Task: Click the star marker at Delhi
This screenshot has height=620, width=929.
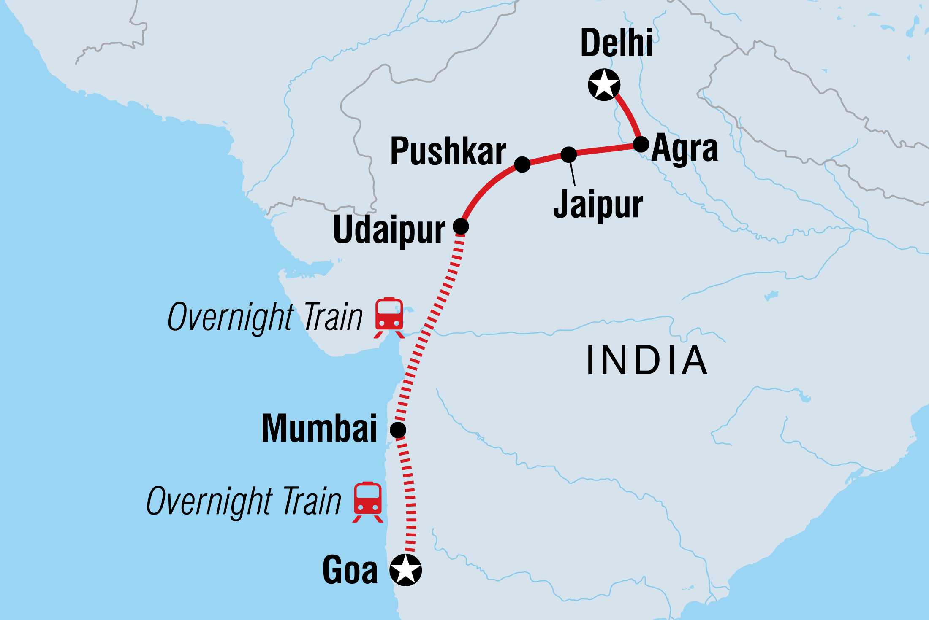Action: tap(604, 85)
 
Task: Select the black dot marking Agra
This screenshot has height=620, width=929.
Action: tap(641, 144)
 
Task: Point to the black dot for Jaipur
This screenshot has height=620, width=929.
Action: tap(569, 154)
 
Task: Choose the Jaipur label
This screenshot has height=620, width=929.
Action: tap(598, 205)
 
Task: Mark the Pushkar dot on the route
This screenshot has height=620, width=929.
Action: tap(522, 164)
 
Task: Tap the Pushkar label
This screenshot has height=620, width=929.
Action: tap(448, 151)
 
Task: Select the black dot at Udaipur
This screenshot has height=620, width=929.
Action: tap(461, 226)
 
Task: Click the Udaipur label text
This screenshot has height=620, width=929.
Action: tap(389, 230)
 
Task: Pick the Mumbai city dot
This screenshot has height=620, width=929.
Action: tap(398, 430)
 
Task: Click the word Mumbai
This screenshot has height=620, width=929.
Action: tap(319, 429)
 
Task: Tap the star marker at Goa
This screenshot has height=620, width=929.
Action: tap(405, 570)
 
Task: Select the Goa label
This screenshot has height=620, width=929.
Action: tap(350, 570)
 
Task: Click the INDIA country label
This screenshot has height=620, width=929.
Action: tap(646, 360)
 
